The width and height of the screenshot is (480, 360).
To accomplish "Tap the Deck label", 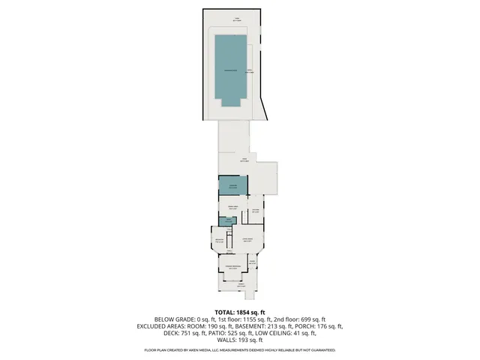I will pyautogui.click(x=244, y=160).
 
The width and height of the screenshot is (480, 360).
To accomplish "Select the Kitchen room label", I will pyautogui.click(x=255, y=211).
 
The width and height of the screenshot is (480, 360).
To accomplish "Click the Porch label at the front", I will pyautogui.click(x=240, y=286).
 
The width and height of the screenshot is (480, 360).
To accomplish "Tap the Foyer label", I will pyautogui.click(x=262, y=262).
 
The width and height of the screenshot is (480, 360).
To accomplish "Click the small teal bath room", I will pyautogui.click(x=229, y=220).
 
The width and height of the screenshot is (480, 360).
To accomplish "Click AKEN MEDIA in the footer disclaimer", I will pyautogui.click(x=211, y=350).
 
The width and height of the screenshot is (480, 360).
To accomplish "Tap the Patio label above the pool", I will pyautogui.click(x=237, y=20).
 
